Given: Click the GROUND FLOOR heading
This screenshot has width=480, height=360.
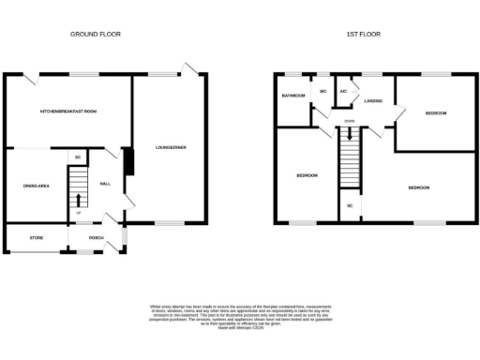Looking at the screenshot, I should click(x=95, y=34).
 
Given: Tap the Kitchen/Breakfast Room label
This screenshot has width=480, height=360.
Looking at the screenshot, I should click(x=68, y=111).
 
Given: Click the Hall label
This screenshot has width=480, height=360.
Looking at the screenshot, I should click(x=105, y=184).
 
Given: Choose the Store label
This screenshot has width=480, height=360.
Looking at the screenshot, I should click(x=37, y=237).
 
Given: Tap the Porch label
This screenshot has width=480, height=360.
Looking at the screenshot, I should click(x=96, y=237).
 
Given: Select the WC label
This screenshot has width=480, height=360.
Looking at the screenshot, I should click(x=322, y=91).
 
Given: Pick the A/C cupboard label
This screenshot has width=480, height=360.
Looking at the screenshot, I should click(x=344, y=91).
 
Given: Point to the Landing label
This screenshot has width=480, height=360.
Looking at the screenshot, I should click(x=372, y=100).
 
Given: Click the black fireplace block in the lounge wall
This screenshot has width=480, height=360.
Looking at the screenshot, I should click(x=130, y=161).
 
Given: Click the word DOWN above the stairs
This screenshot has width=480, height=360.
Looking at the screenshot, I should click(x=349, y=121).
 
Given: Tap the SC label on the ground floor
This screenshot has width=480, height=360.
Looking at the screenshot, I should click(x=79, y=157).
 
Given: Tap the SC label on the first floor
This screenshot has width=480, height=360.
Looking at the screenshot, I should click(x=350, y=204).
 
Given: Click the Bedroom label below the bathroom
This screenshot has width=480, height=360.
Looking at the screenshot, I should click(x=307, y=175).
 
